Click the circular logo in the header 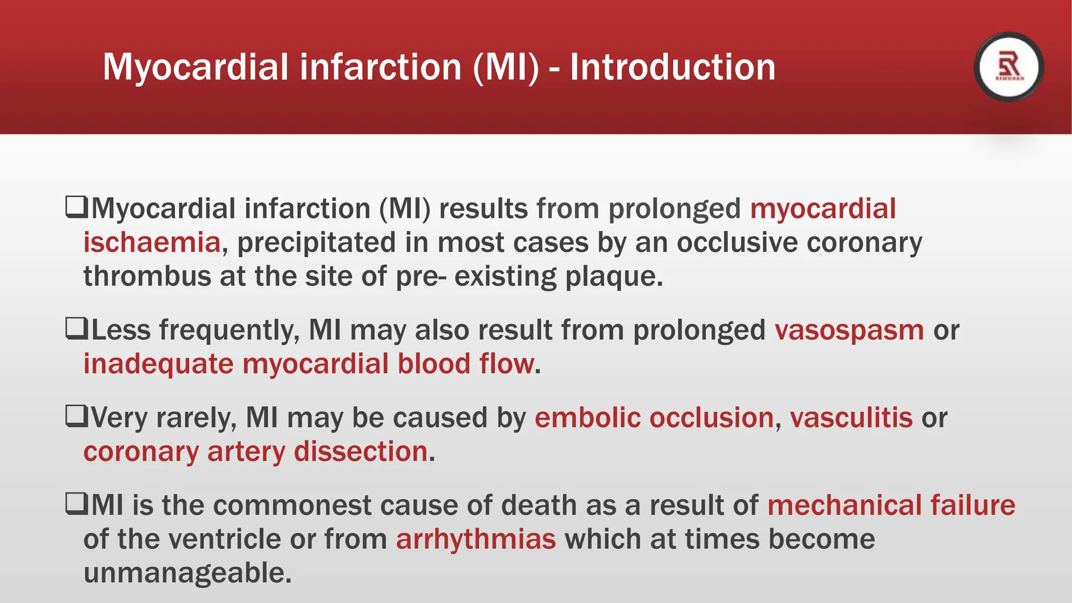(1009, 67)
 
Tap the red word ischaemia (152, 243)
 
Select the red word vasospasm (849, 330)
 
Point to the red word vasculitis (851, 418)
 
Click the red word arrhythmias (476, 539)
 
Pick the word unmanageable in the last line (187, 573)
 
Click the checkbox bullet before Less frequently (76, 329)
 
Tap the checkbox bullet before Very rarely (76, 417)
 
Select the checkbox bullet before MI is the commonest (76, 504)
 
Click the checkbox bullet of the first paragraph (76, 207)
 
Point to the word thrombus (147, 276)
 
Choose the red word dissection (361, 452)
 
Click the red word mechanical (844, 505)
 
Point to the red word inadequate (158, 364)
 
